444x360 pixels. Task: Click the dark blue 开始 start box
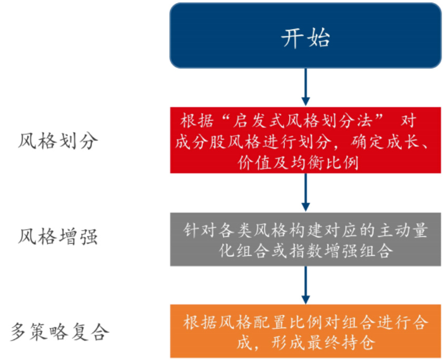pyautogui.click(x=305, y=36)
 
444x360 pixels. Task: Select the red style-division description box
pyautogui.click(x=305, y=140)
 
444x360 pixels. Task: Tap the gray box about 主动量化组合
pyautogui.click(x=305, y=239)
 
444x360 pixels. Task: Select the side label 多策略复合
pyautogui.click(x=60, y=332)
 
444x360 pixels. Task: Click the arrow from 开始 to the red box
pyautogui.click(x=305, y=87)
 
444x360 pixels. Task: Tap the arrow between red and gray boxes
pyautogui.click(x=305, y=193)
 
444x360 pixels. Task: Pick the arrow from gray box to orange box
pyautogui.click(x=305, y=285)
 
